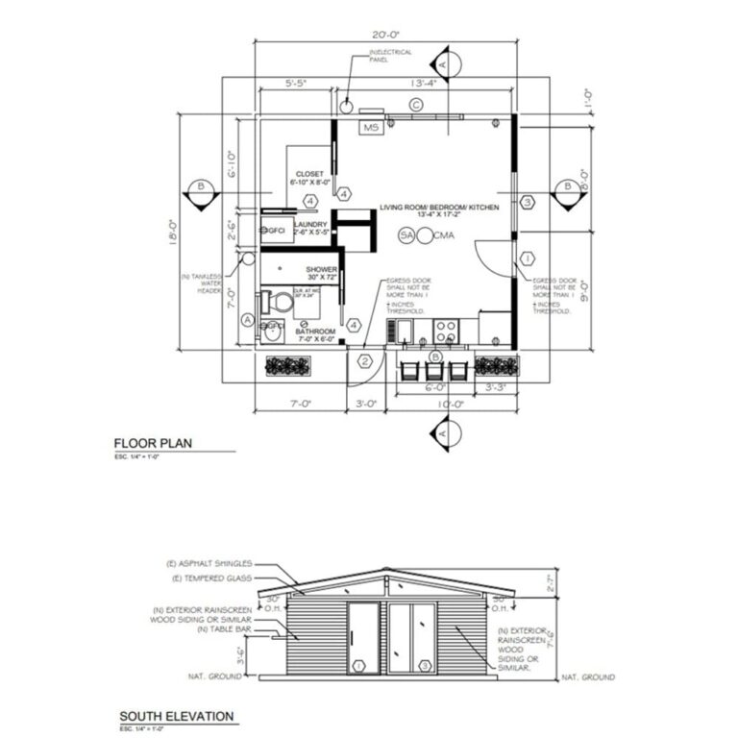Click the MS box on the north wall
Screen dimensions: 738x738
point(370,127)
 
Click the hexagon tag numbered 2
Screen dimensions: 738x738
point(365,361)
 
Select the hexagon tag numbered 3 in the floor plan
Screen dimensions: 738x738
point(527,202)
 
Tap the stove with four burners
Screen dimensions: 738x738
point(446,332)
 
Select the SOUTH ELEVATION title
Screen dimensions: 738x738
point(176,716)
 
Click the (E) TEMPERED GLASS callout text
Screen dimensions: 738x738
point(213,578)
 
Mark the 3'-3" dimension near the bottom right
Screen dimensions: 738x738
point(496,387)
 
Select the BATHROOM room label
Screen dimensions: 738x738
point(315,332)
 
